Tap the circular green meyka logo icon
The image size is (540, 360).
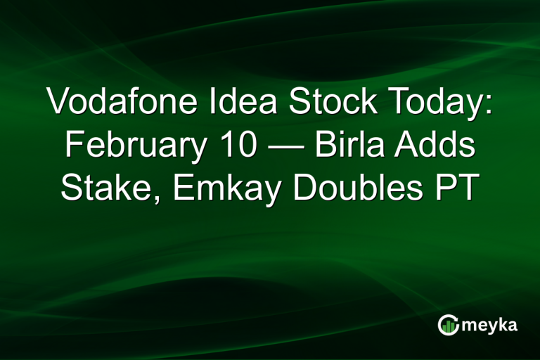point(448,325)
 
